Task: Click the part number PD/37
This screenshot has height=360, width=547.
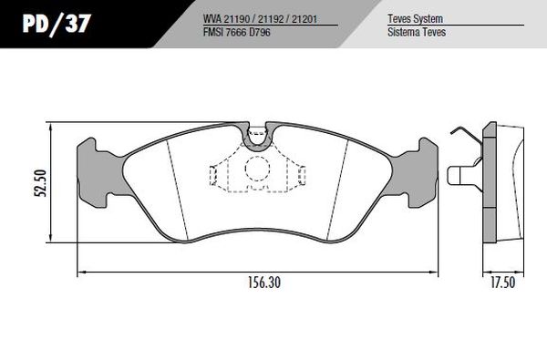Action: pos(57,24)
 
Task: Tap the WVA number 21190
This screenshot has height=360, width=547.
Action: pos(239,19)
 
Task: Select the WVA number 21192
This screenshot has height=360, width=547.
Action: pos(270,19)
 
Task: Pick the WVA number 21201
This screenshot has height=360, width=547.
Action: pos(304,19)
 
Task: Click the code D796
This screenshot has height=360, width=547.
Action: pos(259,33)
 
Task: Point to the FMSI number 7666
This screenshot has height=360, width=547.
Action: pos(235,33)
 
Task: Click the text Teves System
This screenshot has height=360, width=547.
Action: pos(415,19)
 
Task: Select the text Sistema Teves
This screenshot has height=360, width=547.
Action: pos(417,32)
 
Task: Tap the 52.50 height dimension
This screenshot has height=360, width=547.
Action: pos(40,183)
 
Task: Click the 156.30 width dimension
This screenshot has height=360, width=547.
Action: pos(264,283)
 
